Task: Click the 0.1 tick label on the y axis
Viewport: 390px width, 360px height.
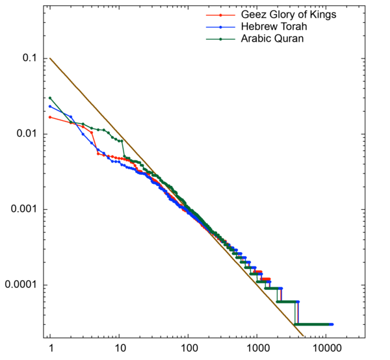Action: pyautogui.click(x=30, y=58)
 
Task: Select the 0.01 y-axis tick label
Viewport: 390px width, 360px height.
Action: pyautogui.click(x=27, y=134)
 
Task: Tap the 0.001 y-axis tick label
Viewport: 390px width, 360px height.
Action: pyautogui.click(x=25, y=209)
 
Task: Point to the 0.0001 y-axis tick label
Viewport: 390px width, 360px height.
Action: pyautogui.click(x=21, y=285)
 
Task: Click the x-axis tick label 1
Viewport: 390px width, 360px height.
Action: pyautogui.click(x=50, y=348)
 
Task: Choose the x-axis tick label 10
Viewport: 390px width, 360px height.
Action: pyautogui.click(x=119, y=348)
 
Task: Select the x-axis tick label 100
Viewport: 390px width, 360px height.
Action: pyautogui.click(x=188, y=348)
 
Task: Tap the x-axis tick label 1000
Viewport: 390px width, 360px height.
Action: pyautogui.click(x=257, y=348)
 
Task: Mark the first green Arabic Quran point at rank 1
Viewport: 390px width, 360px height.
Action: pyautogui.click(x=50, y=98)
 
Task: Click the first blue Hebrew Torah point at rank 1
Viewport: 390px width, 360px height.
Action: pyautogui.click(x=50, y=107)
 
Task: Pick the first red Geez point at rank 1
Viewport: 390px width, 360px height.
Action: pyautogui.click(x=50, y=117)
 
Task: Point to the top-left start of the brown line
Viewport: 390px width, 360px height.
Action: pyautogui.click(x=50, y=58)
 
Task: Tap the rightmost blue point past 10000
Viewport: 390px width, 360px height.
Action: pyautogui.click(x=331, y=324)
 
